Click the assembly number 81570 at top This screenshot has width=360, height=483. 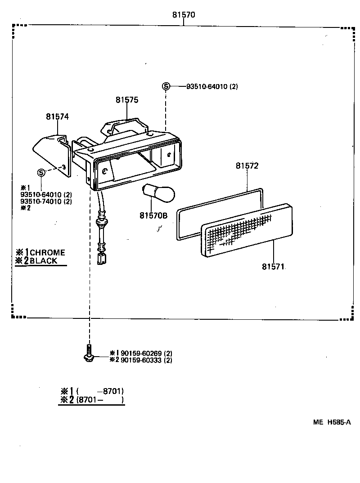[x=184, y=15]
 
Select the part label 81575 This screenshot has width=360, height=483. [x=126, y=100]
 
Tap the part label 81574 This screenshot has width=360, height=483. [x=57, y=116]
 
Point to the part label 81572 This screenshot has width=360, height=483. [x=247, y=165]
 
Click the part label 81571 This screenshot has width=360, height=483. [x=273, y=266]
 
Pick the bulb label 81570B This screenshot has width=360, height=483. [x=153, y=215]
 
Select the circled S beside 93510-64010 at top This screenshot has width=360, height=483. [x=166, y=86]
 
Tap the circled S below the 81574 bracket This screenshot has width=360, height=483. [x=41, y=172]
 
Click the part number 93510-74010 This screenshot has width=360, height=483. [x=46, y=201]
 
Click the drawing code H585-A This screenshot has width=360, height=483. [x=338, y=422]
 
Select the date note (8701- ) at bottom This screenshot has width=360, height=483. [x=100, y=399]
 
